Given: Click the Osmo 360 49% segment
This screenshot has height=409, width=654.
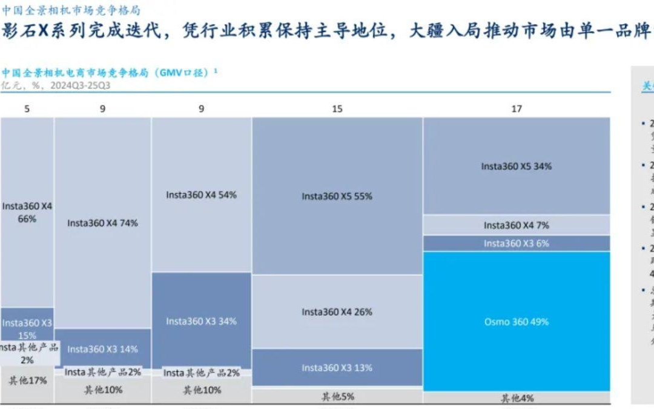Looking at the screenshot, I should [x=516, y=322].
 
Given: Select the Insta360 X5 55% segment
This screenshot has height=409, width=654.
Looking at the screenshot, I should [x=337, y=196].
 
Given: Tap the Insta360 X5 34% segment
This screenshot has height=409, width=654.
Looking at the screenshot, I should [x=516, y=166].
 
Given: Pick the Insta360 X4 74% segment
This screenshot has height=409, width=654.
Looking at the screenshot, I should [x=102, y=223].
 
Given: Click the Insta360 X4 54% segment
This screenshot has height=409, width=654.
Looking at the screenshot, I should [x=201, y=195].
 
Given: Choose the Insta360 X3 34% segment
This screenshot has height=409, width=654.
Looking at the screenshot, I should [x=201, y=321].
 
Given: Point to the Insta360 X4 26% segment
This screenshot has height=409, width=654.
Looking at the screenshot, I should [x=337, y=312].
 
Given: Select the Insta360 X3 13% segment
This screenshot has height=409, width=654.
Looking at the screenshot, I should [x=337, y=368].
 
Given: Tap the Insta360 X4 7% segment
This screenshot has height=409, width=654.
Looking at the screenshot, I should [x=516, y=225].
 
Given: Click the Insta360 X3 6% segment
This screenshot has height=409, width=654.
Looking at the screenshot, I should [x=516, y=244].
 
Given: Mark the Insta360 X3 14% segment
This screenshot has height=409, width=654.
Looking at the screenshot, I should [x=102, y=349].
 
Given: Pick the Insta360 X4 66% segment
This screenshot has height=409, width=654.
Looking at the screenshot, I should [x=27, y=212].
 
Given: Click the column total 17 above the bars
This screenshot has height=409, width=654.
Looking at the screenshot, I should [x=516, y=109].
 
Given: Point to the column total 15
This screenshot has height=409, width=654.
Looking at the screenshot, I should [x=337, y=109].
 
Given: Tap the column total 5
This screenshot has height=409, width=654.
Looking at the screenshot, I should [x=27, y=109].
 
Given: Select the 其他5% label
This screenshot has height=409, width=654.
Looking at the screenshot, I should [x=337, y=397].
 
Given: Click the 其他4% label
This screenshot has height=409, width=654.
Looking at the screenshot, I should [x=516, y=399].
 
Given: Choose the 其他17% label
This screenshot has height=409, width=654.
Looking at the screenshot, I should [x=27, y=381].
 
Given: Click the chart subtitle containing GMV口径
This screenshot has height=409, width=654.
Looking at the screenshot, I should [x=109, y=73].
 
